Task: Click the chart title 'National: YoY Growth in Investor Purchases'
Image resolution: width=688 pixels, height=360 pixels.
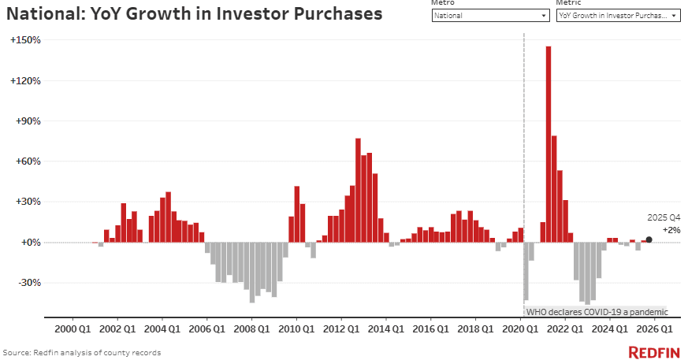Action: (x=195, y=14)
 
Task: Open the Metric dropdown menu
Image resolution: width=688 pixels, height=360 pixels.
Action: (x=618, y=15)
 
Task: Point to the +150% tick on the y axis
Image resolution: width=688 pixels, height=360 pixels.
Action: (x=25, y=40)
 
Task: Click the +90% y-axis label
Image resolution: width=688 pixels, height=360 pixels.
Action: (x=28, y=121)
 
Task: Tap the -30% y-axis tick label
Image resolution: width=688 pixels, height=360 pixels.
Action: (x=28, y=283)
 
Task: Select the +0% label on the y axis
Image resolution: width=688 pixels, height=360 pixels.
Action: (x=30, y=243)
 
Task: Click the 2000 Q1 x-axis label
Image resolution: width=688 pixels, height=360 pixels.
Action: (x=72, y=328)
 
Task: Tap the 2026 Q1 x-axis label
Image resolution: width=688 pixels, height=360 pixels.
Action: (x=655, y=328)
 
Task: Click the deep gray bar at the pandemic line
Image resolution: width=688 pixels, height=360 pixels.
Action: (x=526, y=271)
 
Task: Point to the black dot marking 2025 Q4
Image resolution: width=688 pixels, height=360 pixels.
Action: (x=649, y=239)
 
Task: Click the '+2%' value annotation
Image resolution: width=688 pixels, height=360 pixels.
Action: (x=671, y=229)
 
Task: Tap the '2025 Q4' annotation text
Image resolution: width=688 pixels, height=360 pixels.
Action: (x=664, y=217)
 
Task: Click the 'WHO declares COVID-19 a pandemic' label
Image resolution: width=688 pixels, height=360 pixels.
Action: (x=597, y=311)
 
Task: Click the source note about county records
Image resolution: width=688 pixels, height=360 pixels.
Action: (x=82, y=352)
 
